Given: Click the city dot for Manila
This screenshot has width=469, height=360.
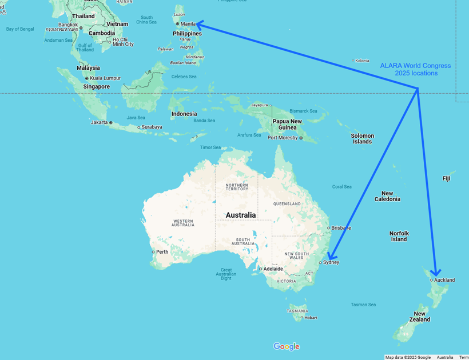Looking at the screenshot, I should tap(177, 24).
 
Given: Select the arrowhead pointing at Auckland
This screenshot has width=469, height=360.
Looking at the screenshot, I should tap(436, 273).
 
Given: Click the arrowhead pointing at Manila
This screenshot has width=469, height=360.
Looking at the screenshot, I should tap(200, 24).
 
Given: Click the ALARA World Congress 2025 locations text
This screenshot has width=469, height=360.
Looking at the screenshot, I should tap(415, 69).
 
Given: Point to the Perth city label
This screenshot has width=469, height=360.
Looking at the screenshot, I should tap(162, 251).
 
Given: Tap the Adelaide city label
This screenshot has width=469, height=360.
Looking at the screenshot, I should tap(273, 269).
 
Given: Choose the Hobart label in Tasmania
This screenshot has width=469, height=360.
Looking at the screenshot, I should tap(311, 318).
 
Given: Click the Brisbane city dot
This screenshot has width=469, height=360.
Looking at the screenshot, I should tap(328, 227).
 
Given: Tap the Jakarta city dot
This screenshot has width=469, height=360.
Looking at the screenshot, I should tap(111, 122).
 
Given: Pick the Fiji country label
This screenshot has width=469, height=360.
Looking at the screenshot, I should tap(446, 178).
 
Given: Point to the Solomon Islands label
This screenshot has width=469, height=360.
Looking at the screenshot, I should tap(363, 139).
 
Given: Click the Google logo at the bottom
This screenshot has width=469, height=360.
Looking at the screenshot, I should tap(286, 346).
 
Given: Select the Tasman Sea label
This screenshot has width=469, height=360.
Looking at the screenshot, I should tap(363, 305).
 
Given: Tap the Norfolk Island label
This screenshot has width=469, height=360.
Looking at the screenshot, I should tap(399, 237).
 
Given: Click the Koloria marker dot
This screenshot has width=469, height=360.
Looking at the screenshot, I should tap(353, 61).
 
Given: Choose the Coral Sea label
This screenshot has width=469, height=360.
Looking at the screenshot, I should tap(342, 186).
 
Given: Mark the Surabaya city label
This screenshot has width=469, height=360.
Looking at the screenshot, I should tap(152, 127).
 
